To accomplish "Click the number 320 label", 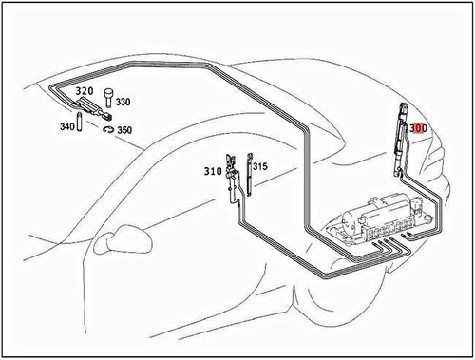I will click(x=85, y=92).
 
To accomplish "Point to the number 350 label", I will click(x=123, y=129).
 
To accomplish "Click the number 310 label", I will click(x=212, y=172).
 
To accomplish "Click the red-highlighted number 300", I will click(x=419, y=126).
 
